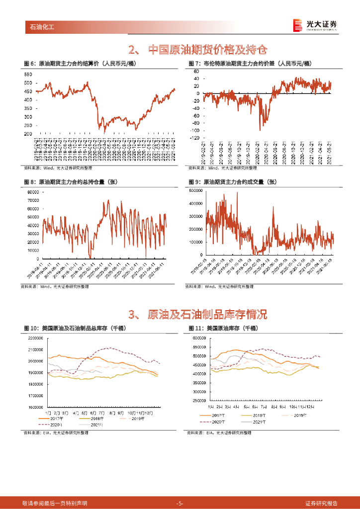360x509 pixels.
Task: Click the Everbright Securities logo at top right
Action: click(314, 25)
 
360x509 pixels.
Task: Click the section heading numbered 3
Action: click(197, 314)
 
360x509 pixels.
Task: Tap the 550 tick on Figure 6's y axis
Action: click(28, 74)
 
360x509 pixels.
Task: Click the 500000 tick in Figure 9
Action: click(196, 190)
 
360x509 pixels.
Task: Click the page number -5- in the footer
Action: click(180, 504)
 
